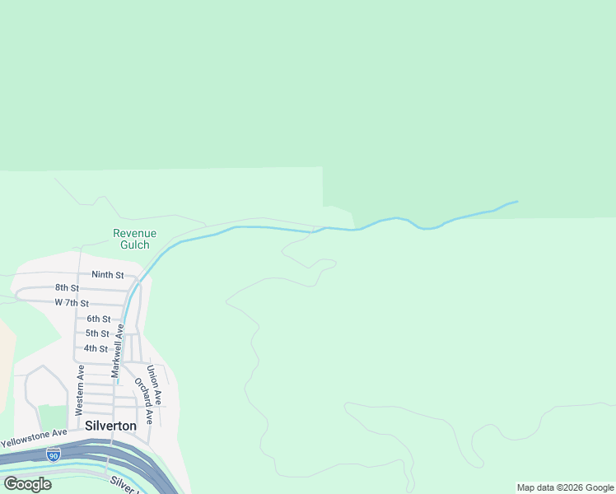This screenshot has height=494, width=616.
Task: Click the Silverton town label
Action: point(110,426)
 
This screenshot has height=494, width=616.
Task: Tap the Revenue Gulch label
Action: point(134,239)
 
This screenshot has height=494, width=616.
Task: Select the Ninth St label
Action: point(107,275)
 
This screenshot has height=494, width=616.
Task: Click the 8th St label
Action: point(67,288)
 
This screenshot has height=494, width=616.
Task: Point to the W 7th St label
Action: point(72,304)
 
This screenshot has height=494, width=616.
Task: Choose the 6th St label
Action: point(98,319)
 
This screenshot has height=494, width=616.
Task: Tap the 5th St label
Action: point(97,333)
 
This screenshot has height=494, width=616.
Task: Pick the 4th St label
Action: point(96,348)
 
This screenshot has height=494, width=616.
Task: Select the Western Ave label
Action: point(80,389)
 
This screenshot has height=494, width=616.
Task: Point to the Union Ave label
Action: point(154,385)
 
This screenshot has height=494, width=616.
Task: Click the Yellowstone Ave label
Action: point(34,437)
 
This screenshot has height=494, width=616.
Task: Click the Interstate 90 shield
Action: point(54,454)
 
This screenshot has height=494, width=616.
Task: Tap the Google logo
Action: point(28,484)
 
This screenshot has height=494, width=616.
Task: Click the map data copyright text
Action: point(565,487)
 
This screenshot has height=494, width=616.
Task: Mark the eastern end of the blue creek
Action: point(516,202)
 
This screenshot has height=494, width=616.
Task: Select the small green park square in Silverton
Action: point(52,417)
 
